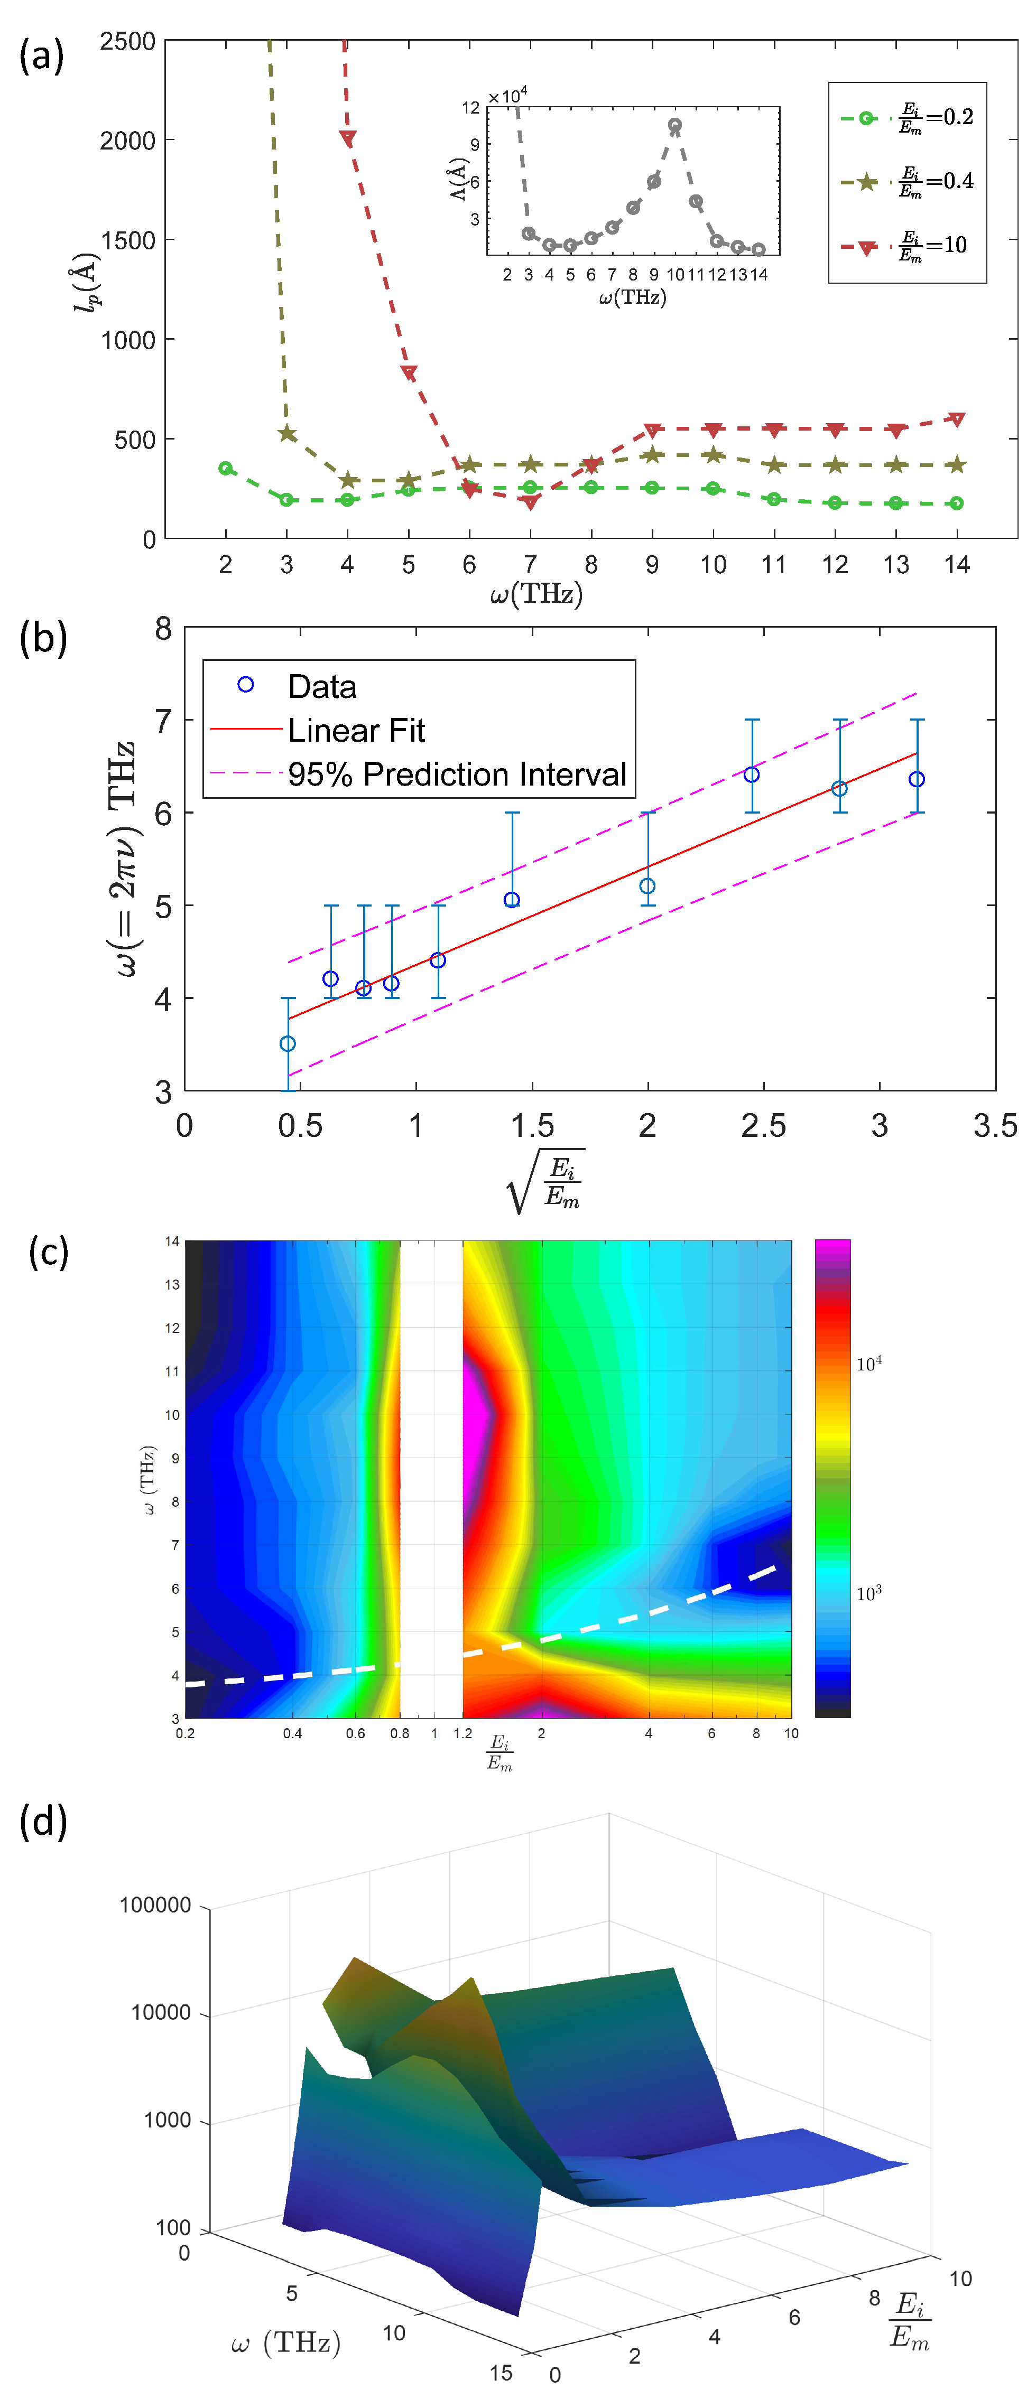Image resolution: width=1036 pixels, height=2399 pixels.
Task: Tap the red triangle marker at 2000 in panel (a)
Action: point(347,139)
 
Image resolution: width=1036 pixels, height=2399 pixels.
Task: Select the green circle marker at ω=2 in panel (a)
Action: point(226,469)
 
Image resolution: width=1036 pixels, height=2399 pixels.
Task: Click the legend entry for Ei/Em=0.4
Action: point(909,182)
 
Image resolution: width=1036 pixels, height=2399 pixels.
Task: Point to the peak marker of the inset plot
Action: point(674,125)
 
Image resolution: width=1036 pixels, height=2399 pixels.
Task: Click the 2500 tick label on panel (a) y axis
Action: point(127,42)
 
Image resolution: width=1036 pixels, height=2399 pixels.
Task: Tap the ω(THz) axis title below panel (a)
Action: point(536,594)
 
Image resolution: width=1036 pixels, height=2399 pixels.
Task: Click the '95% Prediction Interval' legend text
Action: point(457,774)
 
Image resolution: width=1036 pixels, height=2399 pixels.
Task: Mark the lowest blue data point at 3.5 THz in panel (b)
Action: point(288,1044)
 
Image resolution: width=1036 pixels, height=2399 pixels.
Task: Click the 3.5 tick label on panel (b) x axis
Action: point(994,1126)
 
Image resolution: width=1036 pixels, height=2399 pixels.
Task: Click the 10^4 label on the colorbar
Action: point(868,1365)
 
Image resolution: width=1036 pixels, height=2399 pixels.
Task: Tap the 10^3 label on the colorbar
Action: point(868,1593)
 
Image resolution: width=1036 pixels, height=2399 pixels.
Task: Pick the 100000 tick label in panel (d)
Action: point(155,1906)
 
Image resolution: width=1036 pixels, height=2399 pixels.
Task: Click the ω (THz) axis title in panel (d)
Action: point(286,2342)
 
